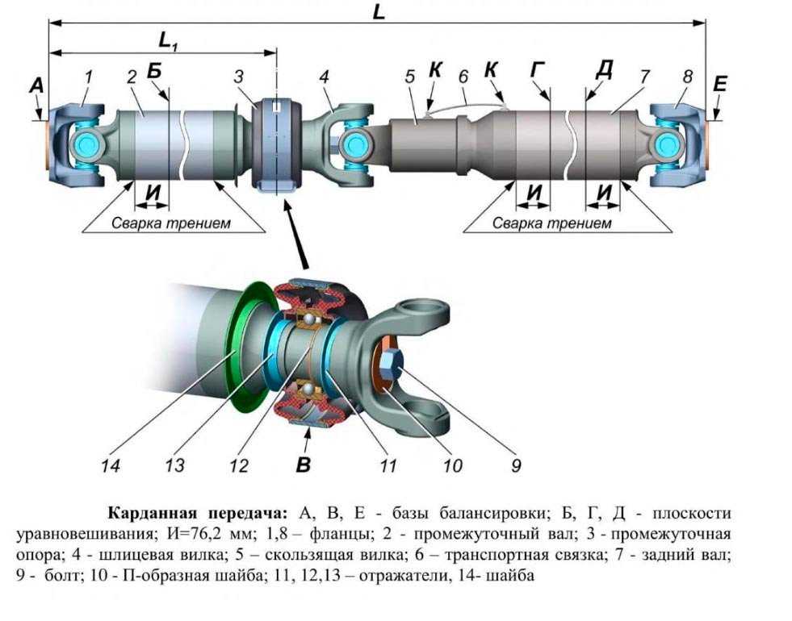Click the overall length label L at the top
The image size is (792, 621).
point(379,13)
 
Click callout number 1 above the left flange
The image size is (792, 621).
point(88,77)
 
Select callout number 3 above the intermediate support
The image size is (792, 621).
point(239,77)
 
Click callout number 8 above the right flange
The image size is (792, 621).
point(687,77)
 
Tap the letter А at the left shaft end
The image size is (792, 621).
point(35,85)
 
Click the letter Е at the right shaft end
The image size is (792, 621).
point(720,84)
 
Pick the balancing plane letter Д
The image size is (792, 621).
point(603,70)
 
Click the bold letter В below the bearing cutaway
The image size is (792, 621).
point(304,464)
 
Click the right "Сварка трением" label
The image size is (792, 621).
point(552,223)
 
